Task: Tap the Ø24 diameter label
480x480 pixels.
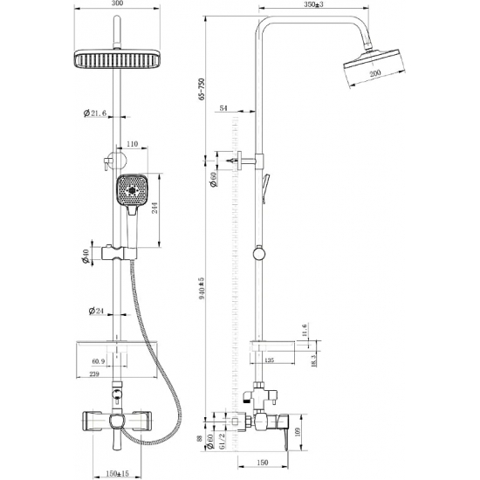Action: (95, 311)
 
